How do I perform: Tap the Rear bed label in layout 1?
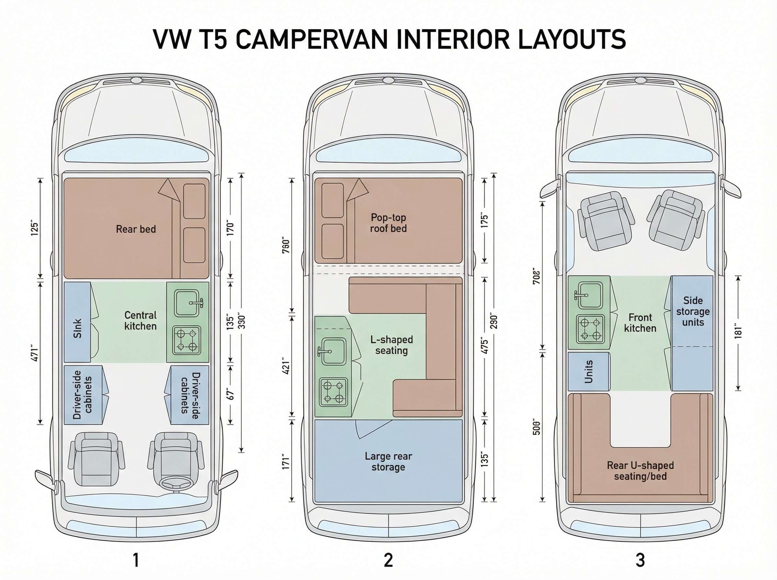(x=136, y=229)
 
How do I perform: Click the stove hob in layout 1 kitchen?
(x=186, y=340)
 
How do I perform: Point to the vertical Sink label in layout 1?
(x=78, y=328)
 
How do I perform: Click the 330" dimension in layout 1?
(x=242, y=320)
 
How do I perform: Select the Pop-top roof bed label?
(x=388, y=223)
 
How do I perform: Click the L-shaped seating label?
(x=391, y=345)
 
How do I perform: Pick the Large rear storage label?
(x=388, y=461)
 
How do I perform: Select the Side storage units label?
(x=693, y=311)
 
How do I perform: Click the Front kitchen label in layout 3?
(x=640, y=323)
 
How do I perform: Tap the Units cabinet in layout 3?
(x=589, y=372)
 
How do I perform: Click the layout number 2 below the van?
(x=388, y=560)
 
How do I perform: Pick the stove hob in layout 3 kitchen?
(x=590, y=329)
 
